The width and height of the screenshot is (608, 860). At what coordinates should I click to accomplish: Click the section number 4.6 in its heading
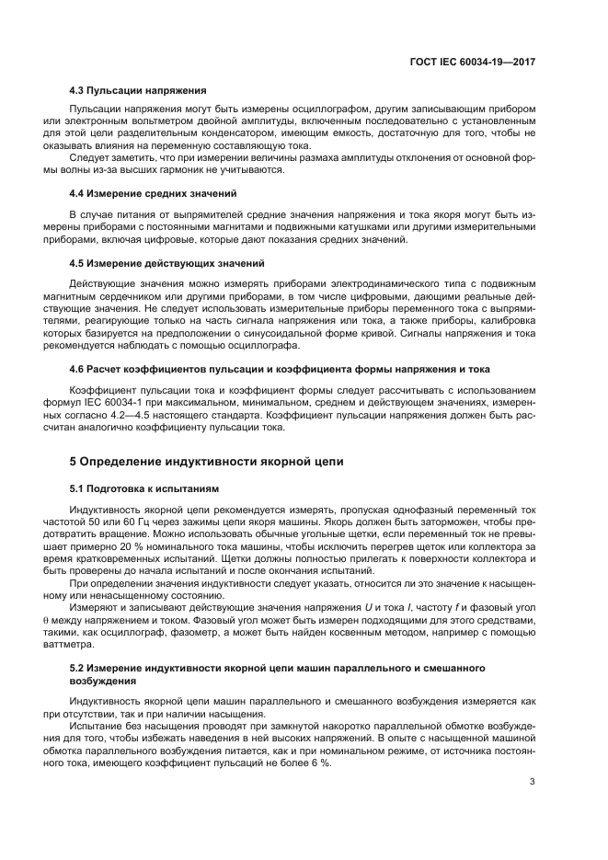77,369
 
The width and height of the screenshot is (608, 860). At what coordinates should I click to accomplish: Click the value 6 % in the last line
320,764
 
